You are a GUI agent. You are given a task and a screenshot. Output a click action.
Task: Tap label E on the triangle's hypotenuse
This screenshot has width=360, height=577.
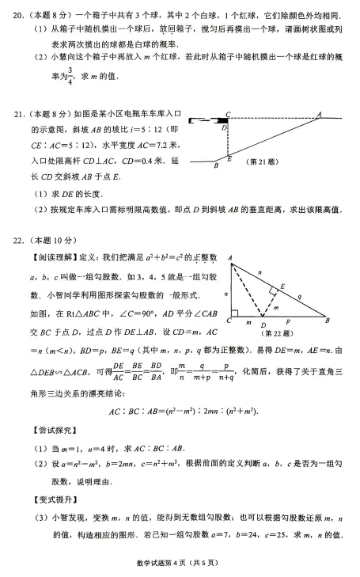point(282,287)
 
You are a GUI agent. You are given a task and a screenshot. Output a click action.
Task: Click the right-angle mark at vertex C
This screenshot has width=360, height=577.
point(235,313)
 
